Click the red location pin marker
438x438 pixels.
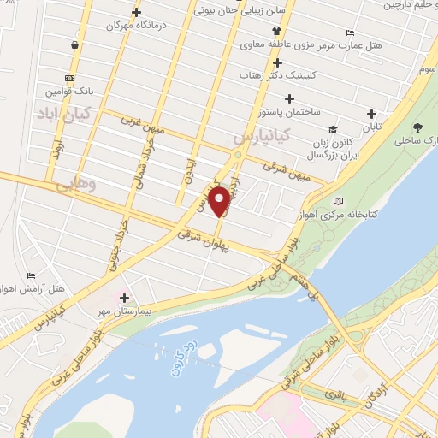pos(220,200)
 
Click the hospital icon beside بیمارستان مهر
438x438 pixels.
pos(125,298)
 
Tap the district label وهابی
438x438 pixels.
pos(75,183)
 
